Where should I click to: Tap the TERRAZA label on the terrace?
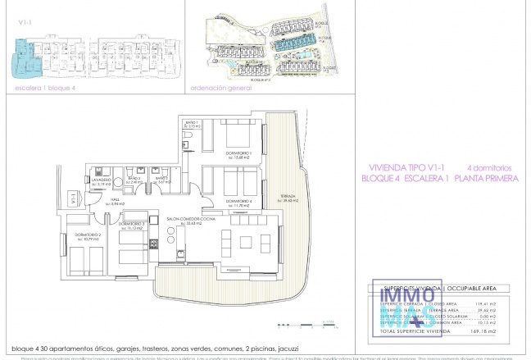pos(287,197)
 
